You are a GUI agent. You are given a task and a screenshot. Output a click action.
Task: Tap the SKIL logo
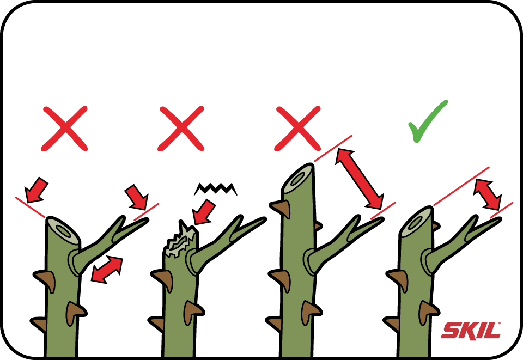[x=471, y=331]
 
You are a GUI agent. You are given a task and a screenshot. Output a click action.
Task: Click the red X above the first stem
[x=64, y=129]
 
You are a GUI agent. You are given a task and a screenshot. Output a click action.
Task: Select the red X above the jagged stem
[x=181, y=129]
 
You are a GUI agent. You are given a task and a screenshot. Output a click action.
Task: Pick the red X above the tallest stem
[x=297, y=129]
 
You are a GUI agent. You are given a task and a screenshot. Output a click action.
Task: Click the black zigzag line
[x=216, y=188]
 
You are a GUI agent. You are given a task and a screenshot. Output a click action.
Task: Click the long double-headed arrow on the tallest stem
[x=360, y=178]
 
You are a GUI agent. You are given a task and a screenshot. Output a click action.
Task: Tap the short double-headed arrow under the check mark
[x=488, y=194]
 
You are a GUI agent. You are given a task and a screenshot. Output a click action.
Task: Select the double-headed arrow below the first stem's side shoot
[x=107, y=270]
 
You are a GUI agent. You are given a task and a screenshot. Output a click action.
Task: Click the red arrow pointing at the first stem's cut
[x=37, y=190]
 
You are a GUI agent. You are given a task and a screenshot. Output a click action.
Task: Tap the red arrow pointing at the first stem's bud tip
[x=136, y=197]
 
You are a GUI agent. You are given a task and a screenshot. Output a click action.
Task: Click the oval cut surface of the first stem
[x=63, y=230]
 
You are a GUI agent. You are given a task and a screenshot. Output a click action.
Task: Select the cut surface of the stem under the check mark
[x=416, y=222]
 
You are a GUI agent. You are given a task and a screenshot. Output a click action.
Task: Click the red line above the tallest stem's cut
[x=333, y=148]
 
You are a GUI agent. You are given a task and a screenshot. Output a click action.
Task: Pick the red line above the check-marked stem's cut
[x=461, y=186]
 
